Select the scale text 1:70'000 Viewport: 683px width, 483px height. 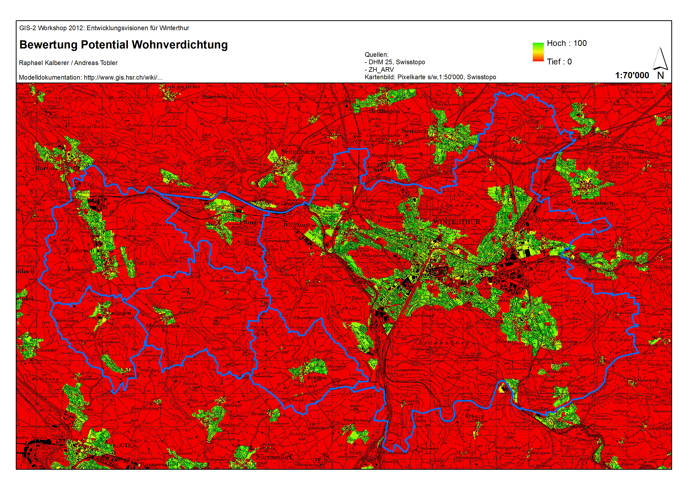[632, 76]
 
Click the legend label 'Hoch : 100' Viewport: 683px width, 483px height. [567, 43]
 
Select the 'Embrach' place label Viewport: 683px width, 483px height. [80, 250]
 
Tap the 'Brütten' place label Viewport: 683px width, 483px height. [317, 378]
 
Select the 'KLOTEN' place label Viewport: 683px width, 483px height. [124, 445]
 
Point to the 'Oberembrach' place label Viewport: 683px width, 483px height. [163, 326]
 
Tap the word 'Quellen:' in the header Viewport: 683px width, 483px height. [376, 55]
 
